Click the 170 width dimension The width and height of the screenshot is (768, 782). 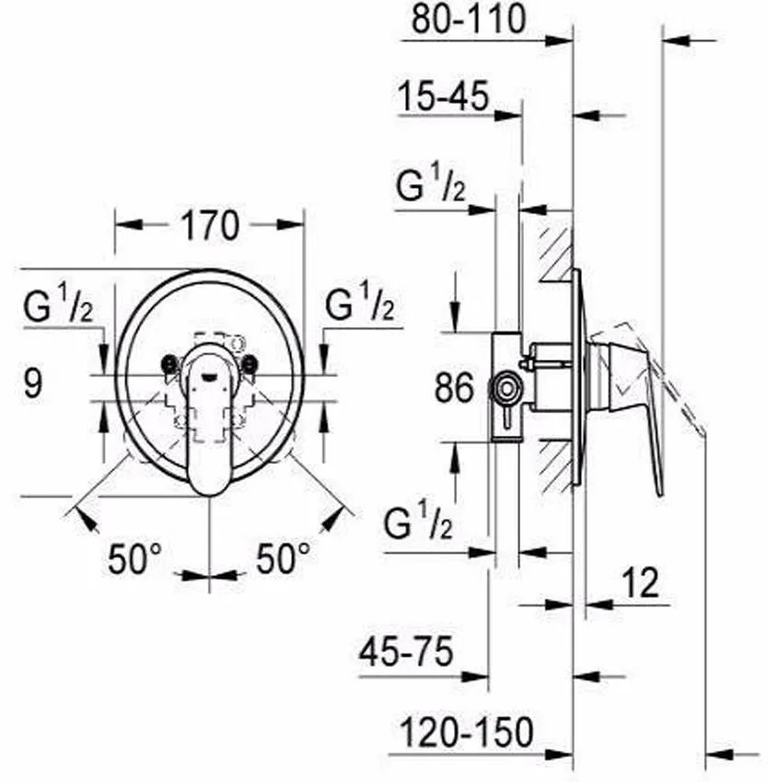coord(210,225)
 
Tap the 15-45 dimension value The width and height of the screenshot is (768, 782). coord(443,97)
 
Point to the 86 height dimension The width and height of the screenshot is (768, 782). coord(454,387)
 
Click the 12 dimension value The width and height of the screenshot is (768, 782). coord(639,583)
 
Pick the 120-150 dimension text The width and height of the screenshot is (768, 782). coord(467,732)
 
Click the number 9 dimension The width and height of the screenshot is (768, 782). coord(33,383)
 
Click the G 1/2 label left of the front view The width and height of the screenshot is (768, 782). coord(57,305)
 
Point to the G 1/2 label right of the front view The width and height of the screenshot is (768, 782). coord(361,305)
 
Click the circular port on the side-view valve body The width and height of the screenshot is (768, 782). coord(505,386)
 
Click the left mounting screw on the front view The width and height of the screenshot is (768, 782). coord(169,364)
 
